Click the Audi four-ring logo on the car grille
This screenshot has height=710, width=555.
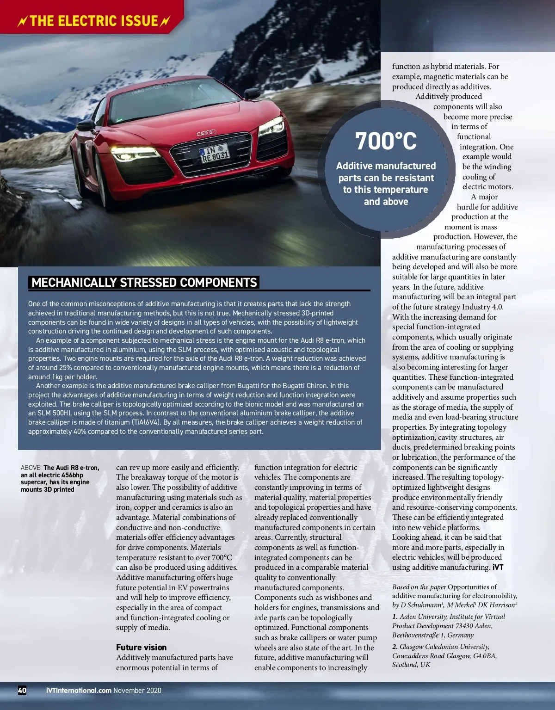(x=206, y=133)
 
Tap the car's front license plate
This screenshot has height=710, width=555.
(x=215, y=152)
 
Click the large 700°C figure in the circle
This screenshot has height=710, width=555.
(x=386, y=141)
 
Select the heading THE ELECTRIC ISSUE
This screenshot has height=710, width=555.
(x=94, y=21)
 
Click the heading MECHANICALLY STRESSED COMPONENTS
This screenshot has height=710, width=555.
(x=144, y=283)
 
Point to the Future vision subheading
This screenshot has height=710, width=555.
(x=141, y=647)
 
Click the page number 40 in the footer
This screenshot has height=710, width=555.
(x=22, y=690)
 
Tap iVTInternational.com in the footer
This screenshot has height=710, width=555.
(x=79, y=690)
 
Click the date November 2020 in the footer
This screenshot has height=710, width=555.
(x=137, y=690)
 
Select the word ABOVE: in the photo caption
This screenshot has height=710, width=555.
(x=31, y=468)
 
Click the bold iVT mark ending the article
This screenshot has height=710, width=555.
(x=498, y=567)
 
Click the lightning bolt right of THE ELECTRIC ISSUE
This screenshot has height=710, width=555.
(x=165, y=21)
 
